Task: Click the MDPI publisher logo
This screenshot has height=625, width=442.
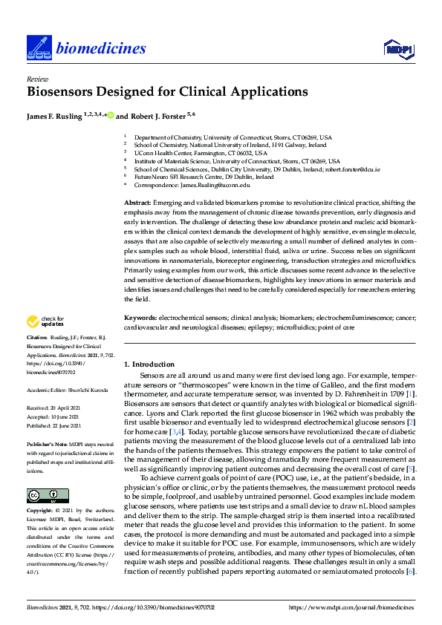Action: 397,49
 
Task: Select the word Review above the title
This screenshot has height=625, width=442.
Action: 35,79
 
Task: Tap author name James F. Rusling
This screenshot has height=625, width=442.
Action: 59,116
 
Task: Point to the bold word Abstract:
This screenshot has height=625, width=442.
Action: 137,203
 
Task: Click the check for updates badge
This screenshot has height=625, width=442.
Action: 43,322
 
